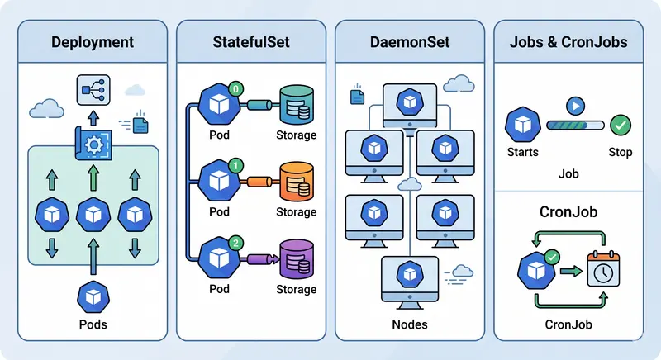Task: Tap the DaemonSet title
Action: point(411,41)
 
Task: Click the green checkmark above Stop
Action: point(621,126)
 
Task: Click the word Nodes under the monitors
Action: point(411,324)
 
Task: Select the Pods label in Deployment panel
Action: point(92,324)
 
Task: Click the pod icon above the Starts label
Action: point(522,126)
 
